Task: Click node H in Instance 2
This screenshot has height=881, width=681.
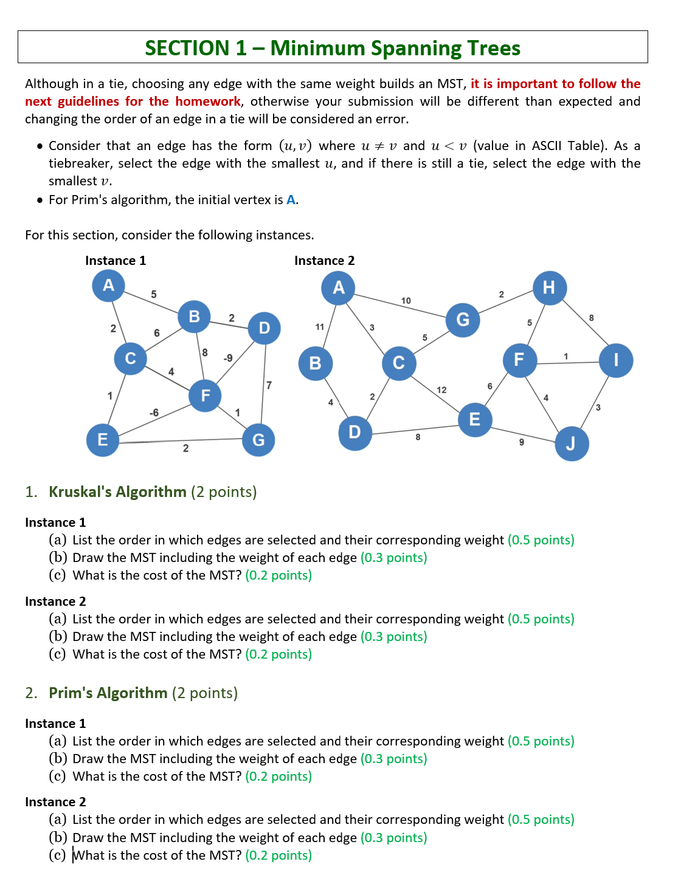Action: (550, 287)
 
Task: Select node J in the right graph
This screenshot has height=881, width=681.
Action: (572, 444)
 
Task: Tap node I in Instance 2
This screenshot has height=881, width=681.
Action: (616, 360)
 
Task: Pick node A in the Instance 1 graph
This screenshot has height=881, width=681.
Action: (108, 285)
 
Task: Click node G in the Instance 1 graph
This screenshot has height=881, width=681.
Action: (258, 440)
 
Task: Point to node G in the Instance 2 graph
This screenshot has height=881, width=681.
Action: (463, 319)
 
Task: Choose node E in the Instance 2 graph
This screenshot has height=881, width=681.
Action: (475, 419)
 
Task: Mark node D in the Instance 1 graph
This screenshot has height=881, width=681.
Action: (264, 328)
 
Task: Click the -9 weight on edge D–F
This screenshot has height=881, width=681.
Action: (228, 358)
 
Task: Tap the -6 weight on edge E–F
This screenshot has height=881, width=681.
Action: (154, 413)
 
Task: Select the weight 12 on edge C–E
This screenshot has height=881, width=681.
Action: (441, 390)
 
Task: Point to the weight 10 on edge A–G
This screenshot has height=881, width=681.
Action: (406, 301)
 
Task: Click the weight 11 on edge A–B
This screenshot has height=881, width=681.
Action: (320, 327)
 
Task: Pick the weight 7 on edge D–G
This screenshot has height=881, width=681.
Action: (269, 385)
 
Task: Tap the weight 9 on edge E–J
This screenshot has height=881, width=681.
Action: (521, 442)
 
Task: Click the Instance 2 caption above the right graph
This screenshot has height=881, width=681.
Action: (324, 261)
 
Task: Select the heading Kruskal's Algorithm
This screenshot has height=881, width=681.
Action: (117, 492)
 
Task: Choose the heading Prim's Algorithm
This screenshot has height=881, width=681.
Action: (108, 693)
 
